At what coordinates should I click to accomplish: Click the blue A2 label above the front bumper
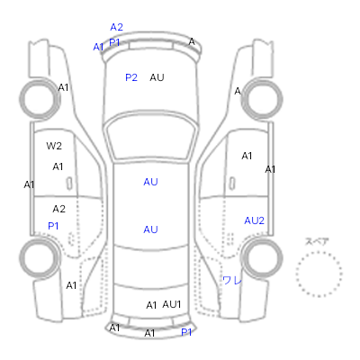[116, 27]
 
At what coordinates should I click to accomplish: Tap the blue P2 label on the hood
[131, 77]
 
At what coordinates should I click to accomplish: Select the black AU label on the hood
[157, 77]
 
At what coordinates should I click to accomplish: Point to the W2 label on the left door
[54, 146]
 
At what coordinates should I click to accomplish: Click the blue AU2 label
[254, 220]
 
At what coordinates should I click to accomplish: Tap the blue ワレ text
[232, 281]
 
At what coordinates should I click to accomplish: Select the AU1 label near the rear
[172, 304]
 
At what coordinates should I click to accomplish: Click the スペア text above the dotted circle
[317, 241]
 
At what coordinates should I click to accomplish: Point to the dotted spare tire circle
[319, 253]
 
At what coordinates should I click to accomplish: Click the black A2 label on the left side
[58, 209]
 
